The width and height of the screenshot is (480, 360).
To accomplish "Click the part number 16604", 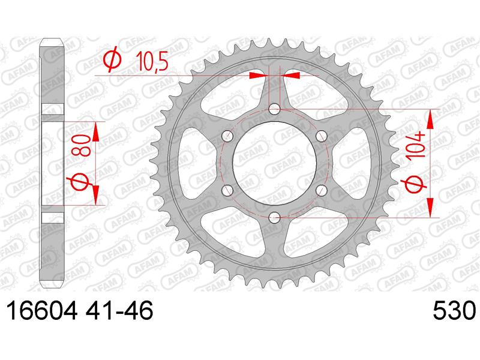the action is [x=41, y=311].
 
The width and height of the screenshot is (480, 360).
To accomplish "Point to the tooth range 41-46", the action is [x=119, y=311].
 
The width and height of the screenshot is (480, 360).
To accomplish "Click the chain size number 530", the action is [x=454, y=311].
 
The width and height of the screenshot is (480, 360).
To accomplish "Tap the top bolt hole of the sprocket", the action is [x=274, y=109].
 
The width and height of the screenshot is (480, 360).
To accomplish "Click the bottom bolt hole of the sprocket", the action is [x=274, y=218].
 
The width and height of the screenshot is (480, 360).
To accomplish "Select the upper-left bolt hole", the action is [x=227, y=136].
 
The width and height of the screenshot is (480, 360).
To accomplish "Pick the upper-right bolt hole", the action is [x=321, y=136].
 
